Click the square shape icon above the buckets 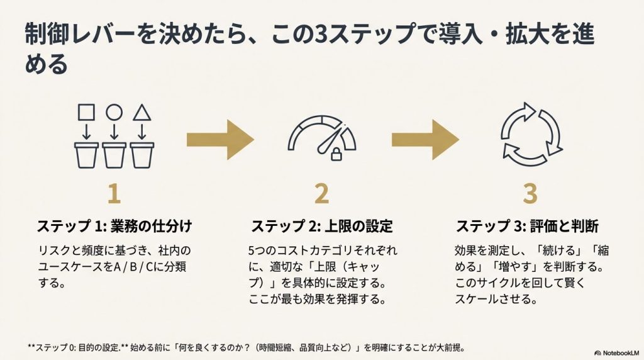coord(86,113)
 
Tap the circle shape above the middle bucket coord(114,113)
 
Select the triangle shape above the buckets coord(142,113)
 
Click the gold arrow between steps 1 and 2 coord(219,138)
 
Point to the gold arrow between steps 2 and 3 coord(425,138)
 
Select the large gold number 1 coord(114,194)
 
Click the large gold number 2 coord(321,194)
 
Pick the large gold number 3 coord(530,194)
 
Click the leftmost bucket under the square coord(86,155)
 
